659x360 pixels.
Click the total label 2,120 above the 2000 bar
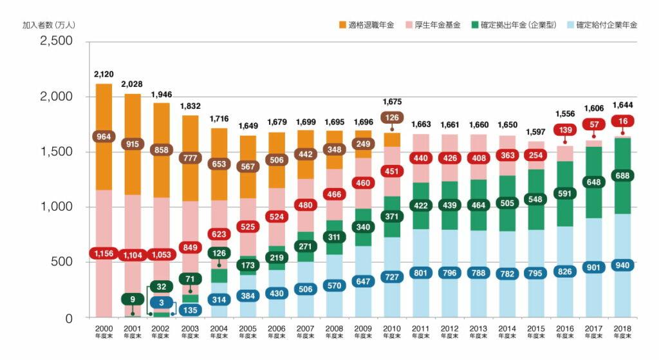[104, 74]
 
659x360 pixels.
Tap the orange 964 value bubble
[104, 137]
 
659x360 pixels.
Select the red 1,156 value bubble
[104, 254]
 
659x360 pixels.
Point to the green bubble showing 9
[132, 299]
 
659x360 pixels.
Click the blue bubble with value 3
[161, 301]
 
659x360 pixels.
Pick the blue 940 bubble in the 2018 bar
[622, 265]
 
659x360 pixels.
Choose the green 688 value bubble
[622, 175]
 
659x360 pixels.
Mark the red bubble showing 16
[622, 121]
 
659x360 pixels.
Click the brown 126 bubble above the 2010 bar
[392, 118]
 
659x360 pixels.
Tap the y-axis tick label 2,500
[57, 41]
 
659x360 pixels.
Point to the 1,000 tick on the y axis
[57, 207]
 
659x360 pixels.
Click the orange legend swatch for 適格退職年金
[342, 25]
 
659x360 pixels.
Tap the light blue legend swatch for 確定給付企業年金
[570, 25]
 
